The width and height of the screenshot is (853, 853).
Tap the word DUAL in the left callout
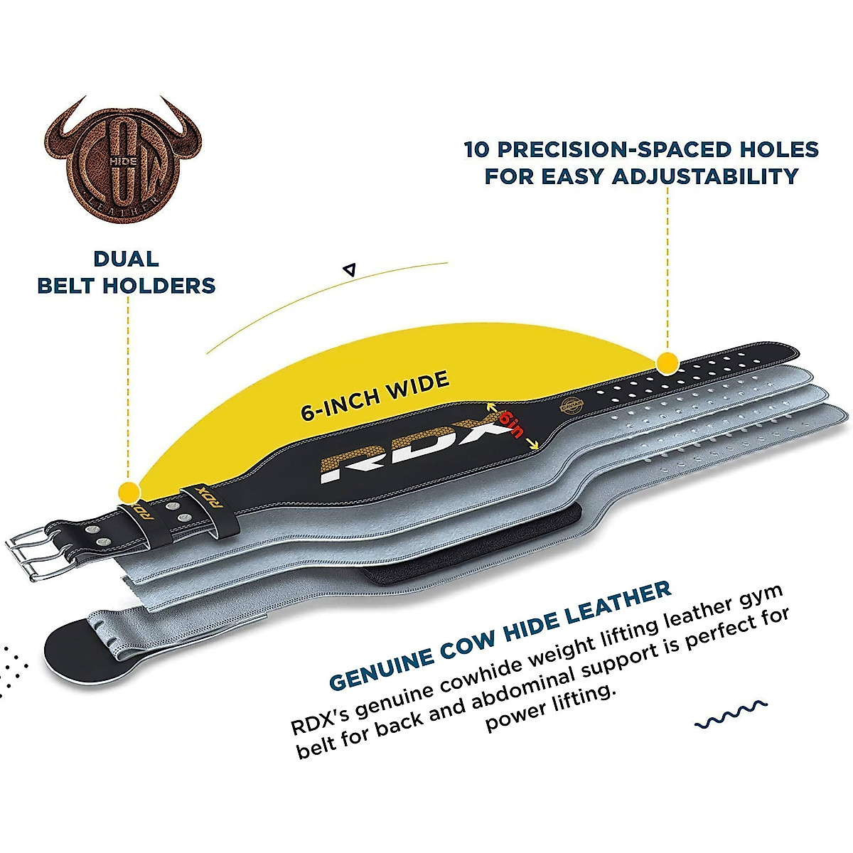(126, 259)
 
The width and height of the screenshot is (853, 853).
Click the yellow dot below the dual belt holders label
(129, 491)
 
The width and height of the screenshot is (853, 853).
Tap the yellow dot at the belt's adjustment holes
(667, 363)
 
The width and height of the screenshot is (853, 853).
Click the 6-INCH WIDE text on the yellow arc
(375, 396)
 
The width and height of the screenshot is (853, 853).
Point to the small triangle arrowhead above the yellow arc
(348, 269)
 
